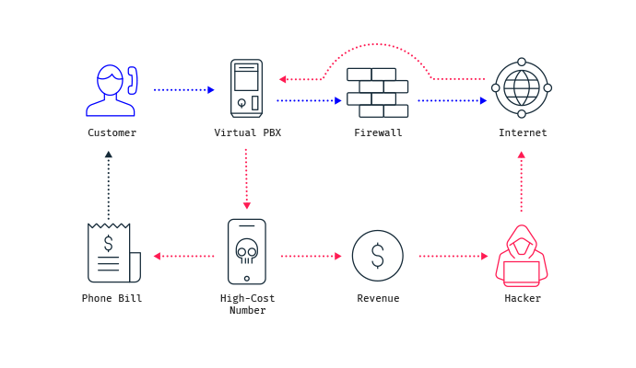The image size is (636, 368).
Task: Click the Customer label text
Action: click(112, 132)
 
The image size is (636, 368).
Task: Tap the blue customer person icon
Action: click(111, 91)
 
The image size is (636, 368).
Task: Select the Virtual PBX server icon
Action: click(247, 88)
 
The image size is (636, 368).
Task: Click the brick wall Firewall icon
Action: click(377, 93)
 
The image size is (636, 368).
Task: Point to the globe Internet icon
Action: click(522, 87)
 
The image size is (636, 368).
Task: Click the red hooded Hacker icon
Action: click(522, 256)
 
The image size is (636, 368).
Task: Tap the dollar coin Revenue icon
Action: click(378, 256)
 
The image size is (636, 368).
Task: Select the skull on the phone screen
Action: click(247, 251)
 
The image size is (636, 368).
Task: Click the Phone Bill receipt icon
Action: click(114, 253)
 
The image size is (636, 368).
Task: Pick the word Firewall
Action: click(378, 132)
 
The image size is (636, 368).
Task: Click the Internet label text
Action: click(523, 132)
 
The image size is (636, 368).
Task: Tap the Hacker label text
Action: click(523, 298)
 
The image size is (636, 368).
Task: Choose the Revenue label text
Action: click(378, 298)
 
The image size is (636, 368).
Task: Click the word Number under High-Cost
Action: click(247, 311)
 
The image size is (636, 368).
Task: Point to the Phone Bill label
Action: click(112, 298)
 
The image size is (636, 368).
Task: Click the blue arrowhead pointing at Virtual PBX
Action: click(211, 90)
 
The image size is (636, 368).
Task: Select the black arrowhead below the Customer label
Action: click(108, 155)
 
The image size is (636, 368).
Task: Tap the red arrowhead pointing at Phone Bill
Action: click(157, 256)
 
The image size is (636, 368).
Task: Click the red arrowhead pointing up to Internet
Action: click(522, 155)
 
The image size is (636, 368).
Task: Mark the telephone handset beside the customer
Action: click(133, 81)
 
